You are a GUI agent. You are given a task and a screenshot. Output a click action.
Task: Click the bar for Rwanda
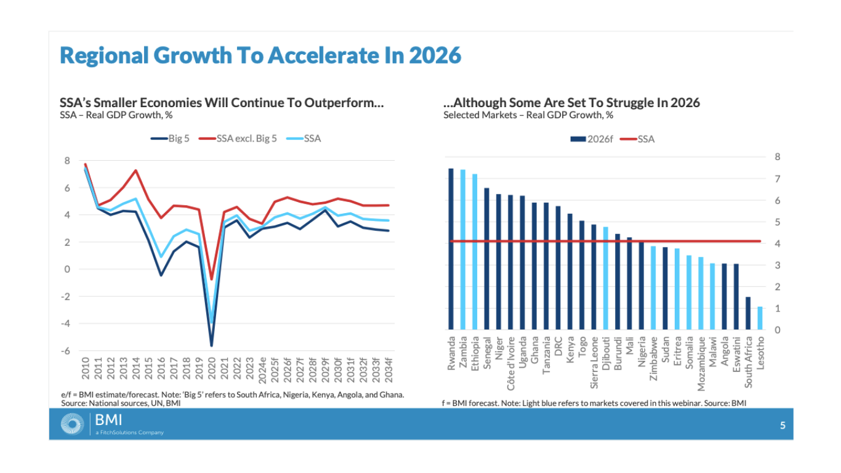tap(451, 249)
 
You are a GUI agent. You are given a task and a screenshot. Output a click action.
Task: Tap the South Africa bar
tap(748, 313)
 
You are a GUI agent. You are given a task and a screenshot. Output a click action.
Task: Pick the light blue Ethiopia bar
tap(475, 252)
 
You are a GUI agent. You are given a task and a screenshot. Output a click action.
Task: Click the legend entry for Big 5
tap(171, 139)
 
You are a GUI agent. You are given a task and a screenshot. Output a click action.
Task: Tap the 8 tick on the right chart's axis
tap(777, 157)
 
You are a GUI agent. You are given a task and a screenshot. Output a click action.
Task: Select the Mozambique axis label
tap(701, 363)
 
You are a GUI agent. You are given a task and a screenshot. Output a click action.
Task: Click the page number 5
tap(783, 425)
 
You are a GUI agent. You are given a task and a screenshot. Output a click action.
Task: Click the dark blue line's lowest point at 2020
tap(211, 346)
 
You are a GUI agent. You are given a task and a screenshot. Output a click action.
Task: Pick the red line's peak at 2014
tap(135, 171)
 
